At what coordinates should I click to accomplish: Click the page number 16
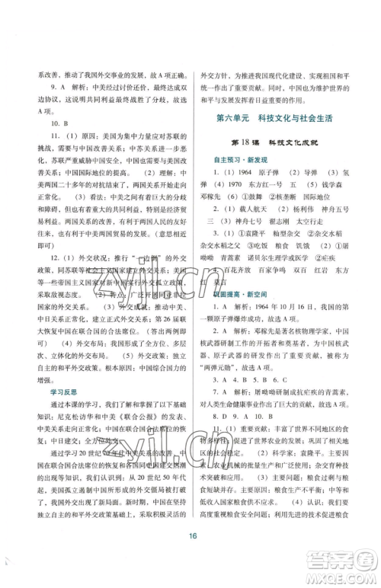[190, 536]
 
